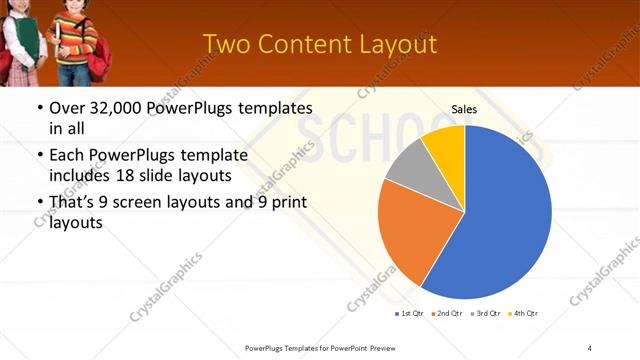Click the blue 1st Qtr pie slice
[500, 220]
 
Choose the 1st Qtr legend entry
[411, 314]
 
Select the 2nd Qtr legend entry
[447, 314]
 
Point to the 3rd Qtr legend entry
[485, 314]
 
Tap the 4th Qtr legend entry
[523, 314]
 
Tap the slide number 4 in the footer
[590, 347]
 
